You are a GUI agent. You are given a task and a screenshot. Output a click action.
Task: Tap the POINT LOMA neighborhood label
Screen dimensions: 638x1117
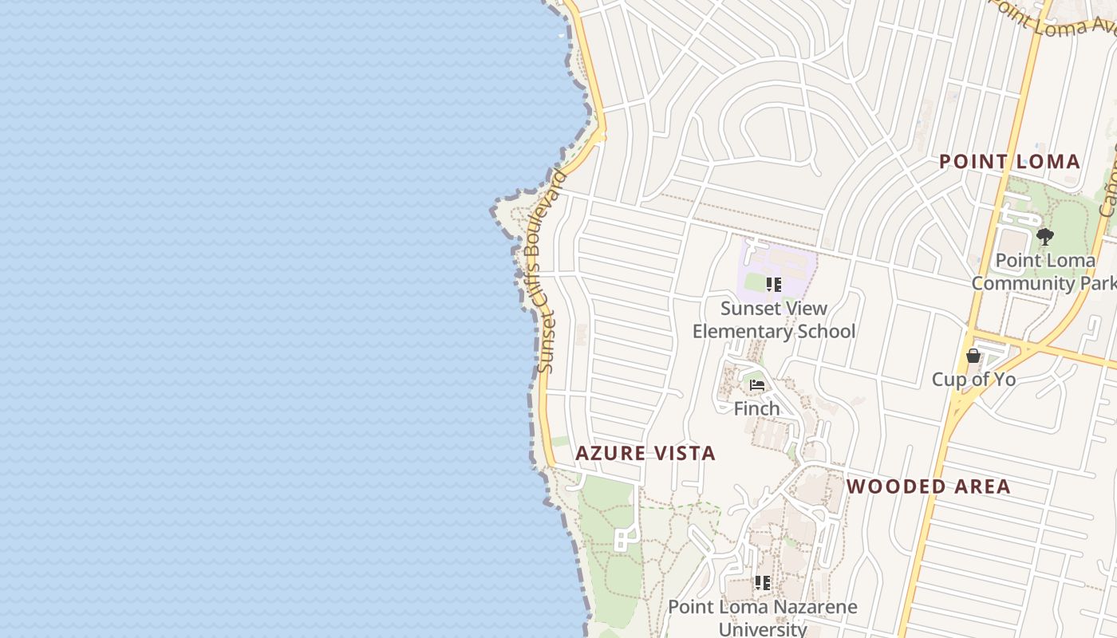pos(1009,162)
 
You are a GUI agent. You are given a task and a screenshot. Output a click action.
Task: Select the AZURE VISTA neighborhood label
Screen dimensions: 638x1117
pos(645,454)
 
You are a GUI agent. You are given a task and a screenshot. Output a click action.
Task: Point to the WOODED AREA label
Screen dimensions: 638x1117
pos(928,486)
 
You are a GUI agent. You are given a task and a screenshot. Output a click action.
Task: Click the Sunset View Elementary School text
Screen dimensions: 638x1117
pos(773,320)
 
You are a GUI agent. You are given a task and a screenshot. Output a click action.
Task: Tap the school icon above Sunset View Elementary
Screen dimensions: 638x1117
pos(773,285)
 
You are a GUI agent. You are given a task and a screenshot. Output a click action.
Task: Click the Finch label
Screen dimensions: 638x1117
pos(756,409)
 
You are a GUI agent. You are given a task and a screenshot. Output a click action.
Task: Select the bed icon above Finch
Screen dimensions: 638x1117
pos(757,385)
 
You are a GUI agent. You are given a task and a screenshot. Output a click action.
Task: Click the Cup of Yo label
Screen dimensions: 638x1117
pos(973,380)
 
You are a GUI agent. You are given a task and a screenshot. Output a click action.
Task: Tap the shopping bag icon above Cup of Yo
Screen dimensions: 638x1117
pos(973,356)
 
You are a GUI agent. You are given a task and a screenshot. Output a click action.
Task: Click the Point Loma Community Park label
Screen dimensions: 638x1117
pos(1044,272)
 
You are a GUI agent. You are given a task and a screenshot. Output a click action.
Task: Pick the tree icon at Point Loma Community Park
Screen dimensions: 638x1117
pos(1044,236)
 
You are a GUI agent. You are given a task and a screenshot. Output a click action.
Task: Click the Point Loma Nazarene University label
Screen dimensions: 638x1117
pos(763,617)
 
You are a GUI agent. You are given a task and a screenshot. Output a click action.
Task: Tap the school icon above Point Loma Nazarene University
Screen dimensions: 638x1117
pos(763,583)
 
